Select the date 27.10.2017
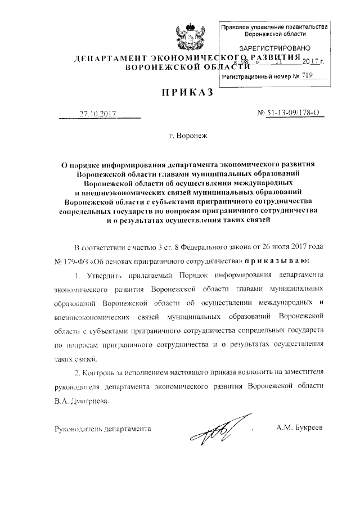pyautogui.click(x=97, y=113)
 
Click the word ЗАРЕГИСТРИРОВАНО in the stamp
pyautogui.click(x=271, y=49)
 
